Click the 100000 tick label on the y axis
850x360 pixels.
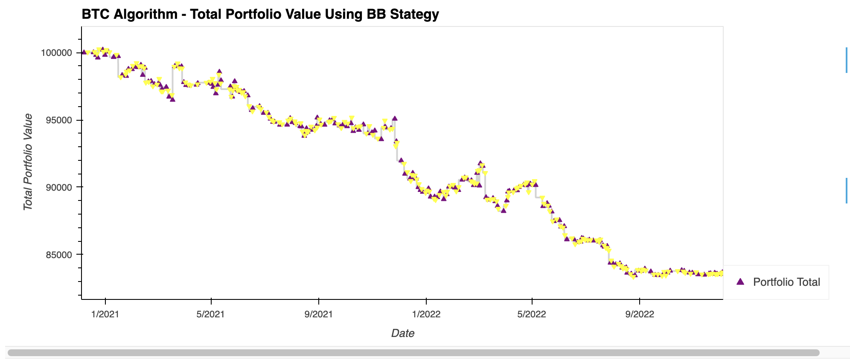58,53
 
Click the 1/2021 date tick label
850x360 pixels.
105,314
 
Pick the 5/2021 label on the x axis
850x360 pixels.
211,314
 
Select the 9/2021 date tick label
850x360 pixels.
319,314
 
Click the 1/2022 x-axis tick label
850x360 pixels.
426,314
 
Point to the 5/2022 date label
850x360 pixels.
532,314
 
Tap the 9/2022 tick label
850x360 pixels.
639,314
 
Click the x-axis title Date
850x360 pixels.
402,333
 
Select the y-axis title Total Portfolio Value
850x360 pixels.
28,162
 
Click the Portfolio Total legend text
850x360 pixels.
786,282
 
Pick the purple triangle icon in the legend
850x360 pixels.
740,282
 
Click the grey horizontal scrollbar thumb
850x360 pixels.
413,353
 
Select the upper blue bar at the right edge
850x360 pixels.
847,60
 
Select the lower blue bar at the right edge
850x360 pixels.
847,190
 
